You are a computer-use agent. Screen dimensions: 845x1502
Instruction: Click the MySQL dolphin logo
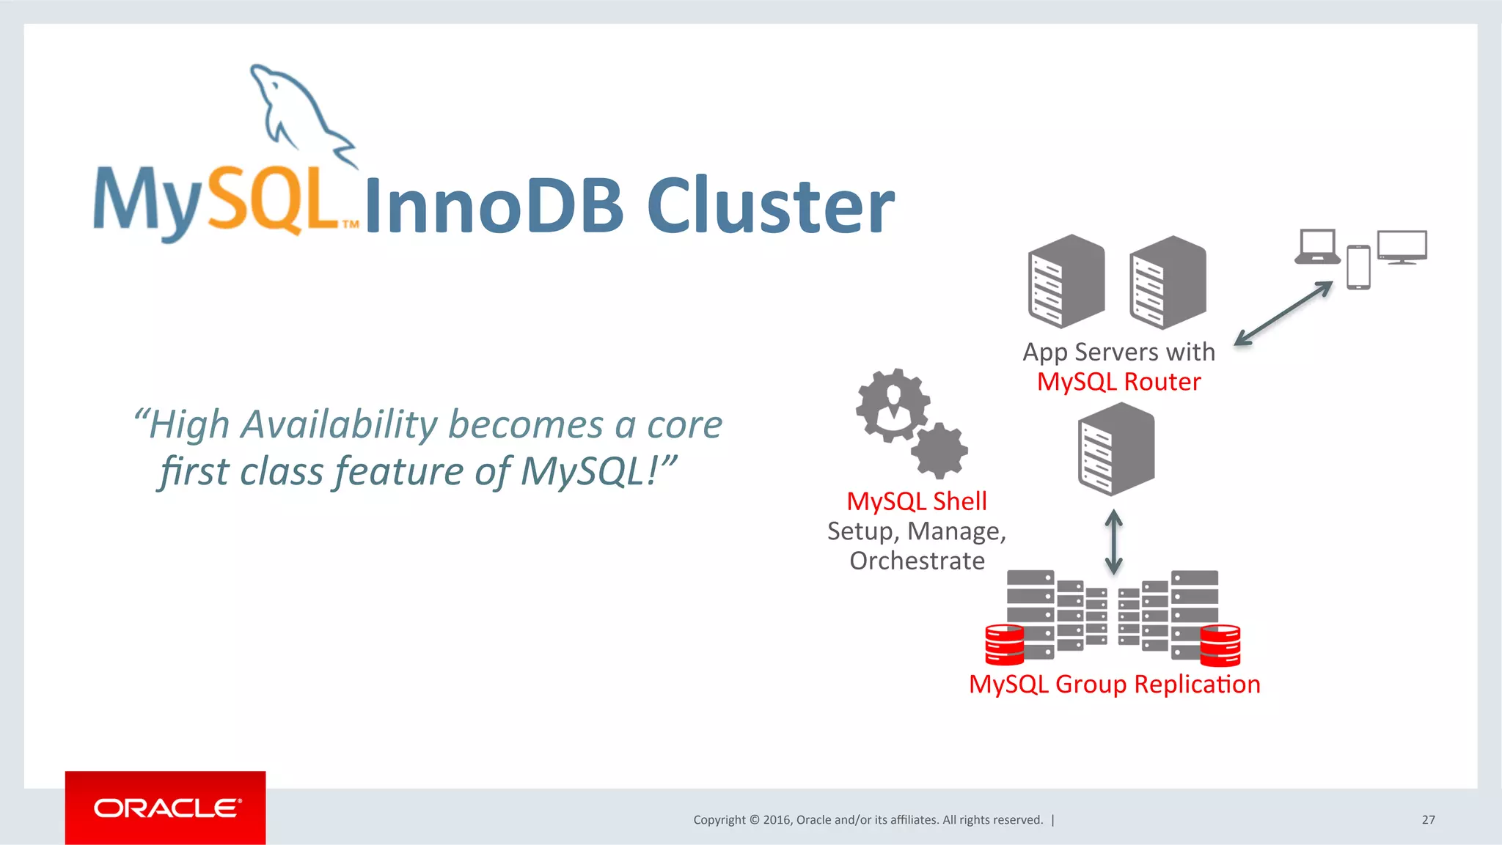[x=297, y=110]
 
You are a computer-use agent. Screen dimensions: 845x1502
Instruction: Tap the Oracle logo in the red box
[x=166, y=808]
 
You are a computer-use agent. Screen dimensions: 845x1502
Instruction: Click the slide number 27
[x=1428, y=819]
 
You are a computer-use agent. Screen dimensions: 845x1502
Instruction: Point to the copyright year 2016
[x=776, y=819]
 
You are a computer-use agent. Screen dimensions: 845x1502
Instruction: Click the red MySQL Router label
[x=1118, y=382]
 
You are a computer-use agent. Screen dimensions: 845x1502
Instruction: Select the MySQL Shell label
[x=916, y=501]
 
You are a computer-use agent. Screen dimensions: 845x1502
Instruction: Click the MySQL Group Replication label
[x=1114, y=684]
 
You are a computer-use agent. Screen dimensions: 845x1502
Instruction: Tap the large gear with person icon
[x=893, y=405]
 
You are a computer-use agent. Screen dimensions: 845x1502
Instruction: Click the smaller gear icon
[x=939, y=451]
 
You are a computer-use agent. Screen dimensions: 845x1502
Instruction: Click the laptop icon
[x=1317, y=247]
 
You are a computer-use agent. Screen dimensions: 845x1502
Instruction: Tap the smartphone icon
[x=1358, y=267]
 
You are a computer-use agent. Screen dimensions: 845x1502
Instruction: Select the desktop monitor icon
[x=1402, y=247]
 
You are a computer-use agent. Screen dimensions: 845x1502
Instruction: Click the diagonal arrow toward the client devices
[x=1283, y=314]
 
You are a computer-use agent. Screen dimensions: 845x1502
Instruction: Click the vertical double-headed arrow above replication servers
[x=1113, y=542]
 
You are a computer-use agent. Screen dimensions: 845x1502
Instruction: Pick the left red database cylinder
[x=1004, y=644]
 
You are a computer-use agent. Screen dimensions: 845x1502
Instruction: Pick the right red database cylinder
[x=1220, y=645]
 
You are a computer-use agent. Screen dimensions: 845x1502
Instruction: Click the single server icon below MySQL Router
[x=1116, y=449]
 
